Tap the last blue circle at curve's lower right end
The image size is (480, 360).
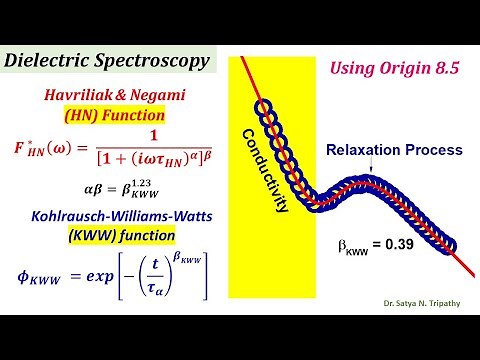[450, 243]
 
